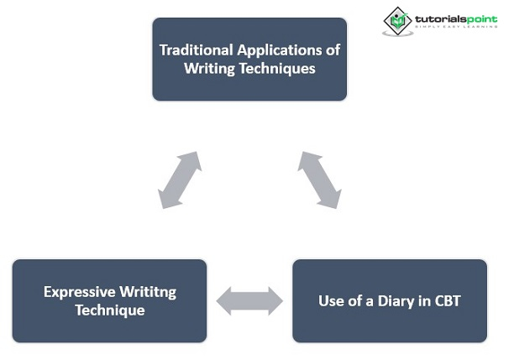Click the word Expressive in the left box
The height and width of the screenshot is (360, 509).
[x=79, y=292]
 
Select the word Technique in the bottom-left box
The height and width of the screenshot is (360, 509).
[x=109, y=310]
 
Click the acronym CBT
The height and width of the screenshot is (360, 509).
[x=445, y=300]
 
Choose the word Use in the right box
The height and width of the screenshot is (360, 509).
[x=331, y=300]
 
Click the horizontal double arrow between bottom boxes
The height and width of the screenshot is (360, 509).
[x=249, y=300]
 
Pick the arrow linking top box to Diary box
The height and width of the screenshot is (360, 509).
[x=320, y=180]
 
